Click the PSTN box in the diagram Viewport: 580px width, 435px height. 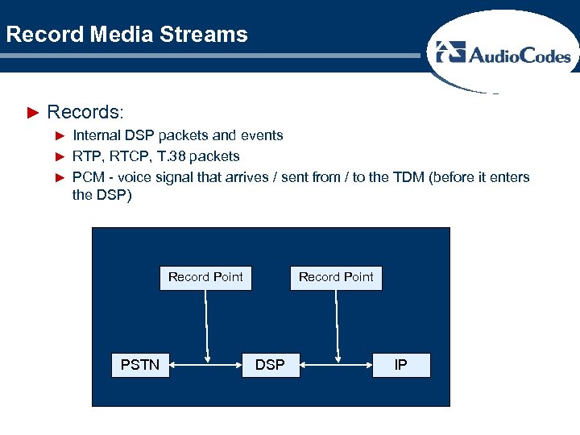point(140,365)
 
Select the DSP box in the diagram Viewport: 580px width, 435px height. point(270,365)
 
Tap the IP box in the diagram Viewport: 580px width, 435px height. point(400,365)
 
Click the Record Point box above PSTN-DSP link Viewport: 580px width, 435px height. point(205,277)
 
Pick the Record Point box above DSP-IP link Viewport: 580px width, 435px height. point(336,277)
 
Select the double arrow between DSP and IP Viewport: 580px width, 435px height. point(338,366)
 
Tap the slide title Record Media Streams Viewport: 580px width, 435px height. point(126,35)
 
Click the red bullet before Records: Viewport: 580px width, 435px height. point(33,111)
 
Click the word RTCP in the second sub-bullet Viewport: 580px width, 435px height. point(131,155)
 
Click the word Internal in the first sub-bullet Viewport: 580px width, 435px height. point(98,135)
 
